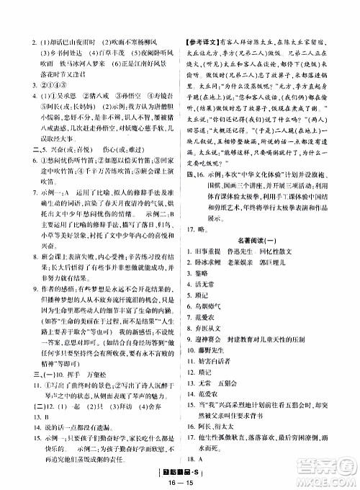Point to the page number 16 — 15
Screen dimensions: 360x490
(x=178, y=481)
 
